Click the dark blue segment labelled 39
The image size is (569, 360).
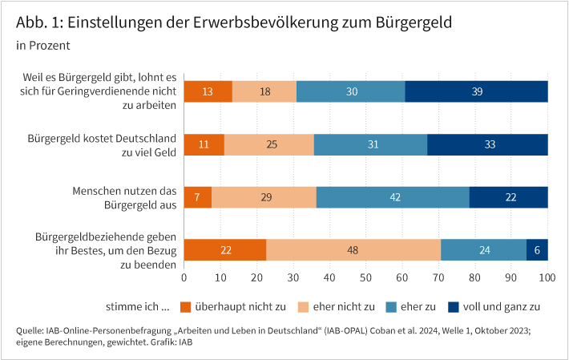pos(476,91)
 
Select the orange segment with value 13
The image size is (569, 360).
pos(208,91)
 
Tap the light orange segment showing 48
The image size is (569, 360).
pos(353,250)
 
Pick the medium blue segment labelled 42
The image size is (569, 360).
pos(393,197)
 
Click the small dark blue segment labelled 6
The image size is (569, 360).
pos(537,250)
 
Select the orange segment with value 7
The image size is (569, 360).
pos(198,197)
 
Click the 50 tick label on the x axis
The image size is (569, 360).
pos(366,277)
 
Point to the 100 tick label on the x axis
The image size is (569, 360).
pos(547,277)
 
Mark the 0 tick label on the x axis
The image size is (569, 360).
pos(184,277)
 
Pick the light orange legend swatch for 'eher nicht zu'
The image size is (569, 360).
pos(304,306)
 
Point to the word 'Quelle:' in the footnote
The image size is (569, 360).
pos(30,330)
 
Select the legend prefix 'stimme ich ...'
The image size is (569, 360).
pos(137,306)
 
